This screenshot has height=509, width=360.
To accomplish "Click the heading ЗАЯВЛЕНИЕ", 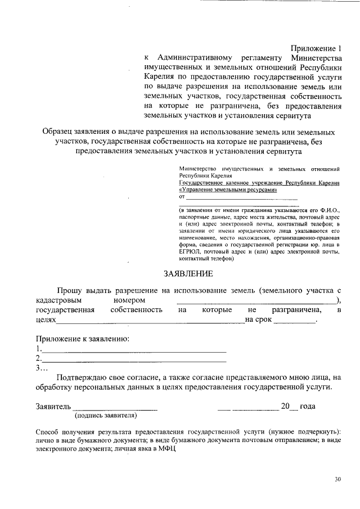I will pos(188,274).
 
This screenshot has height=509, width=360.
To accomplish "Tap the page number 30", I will pos(337,479).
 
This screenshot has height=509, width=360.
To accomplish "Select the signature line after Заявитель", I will pos(115,407).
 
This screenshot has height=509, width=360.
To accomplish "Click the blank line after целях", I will pos(150,320).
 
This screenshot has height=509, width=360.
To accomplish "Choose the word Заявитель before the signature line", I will pos(53,406).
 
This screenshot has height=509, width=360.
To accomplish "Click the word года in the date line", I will pos(307,406).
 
